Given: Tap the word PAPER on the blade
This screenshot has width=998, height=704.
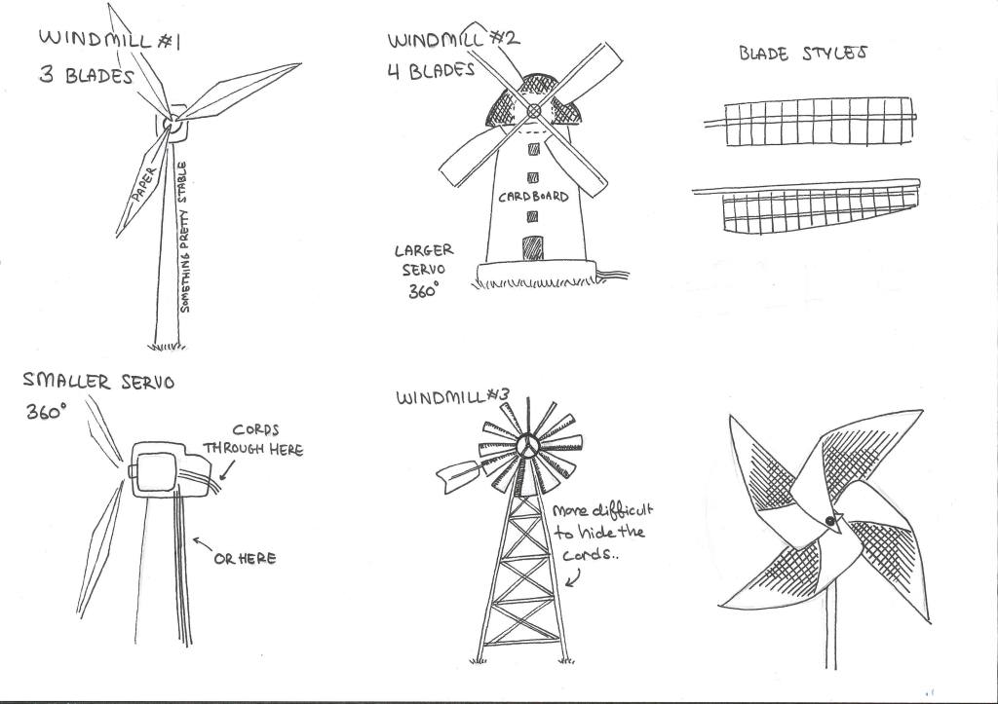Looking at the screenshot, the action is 144,184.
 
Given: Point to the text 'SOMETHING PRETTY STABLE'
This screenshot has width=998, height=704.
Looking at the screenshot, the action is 184,237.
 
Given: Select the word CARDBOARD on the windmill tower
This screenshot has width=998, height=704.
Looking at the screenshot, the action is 533,197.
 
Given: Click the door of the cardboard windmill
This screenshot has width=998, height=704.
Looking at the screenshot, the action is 533,248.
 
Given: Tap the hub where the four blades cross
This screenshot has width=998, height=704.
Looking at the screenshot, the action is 534,111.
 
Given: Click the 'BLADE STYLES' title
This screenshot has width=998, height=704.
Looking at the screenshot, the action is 803,54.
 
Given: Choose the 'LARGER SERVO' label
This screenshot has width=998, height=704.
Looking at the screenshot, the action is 423,259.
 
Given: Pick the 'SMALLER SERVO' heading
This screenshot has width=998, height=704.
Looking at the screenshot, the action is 98,382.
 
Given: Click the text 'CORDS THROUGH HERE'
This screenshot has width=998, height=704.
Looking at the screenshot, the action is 253,439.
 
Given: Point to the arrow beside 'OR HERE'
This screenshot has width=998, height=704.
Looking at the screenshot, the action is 203,544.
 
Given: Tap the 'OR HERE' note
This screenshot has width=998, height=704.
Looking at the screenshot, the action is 245,559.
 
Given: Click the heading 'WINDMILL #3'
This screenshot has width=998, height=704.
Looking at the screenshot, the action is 452,397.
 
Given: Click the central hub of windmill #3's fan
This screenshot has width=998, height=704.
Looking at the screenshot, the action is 527,445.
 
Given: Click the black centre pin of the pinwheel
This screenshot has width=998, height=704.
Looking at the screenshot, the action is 830,522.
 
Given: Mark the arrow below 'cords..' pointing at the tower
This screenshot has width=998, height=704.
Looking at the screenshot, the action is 573,577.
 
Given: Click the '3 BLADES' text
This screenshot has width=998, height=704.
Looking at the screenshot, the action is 87,75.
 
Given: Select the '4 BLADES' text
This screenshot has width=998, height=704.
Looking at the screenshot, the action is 432,70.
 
